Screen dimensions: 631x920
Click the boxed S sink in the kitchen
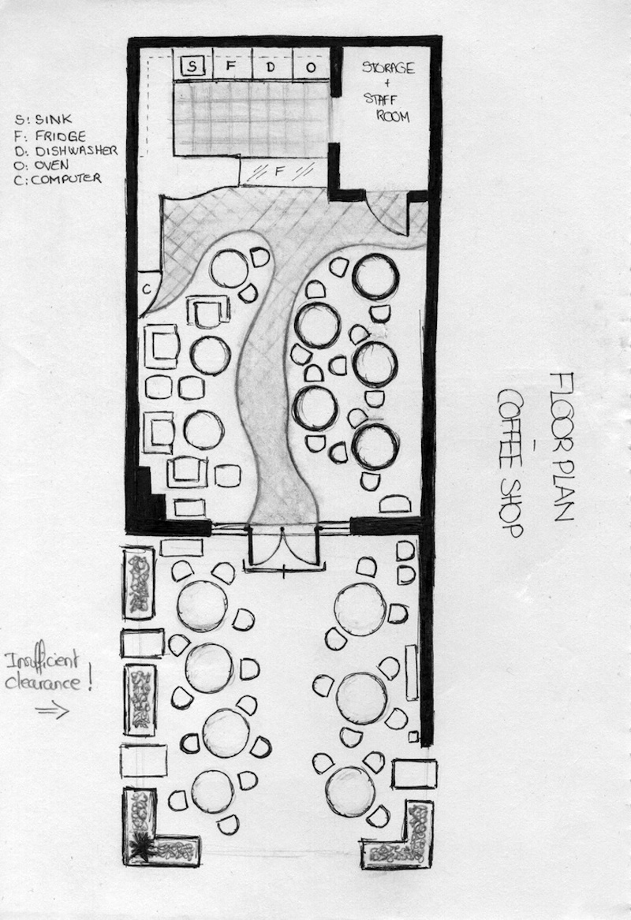(192, 65)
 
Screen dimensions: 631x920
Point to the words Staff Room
(386, 107)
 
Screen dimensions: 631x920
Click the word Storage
(388, 67)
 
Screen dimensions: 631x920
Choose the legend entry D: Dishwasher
(65, 151)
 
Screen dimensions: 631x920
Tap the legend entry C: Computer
(58, 179)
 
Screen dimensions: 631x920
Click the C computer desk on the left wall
(148, 289)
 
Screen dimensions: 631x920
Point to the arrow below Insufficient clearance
(52, 710)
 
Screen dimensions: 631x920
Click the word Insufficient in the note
(42, 661)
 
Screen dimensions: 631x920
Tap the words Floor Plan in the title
(561, 446)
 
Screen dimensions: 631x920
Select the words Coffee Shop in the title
(509, 463)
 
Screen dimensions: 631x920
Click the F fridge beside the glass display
(279, 171)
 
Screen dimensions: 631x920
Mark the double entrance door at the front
(283, 547)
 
